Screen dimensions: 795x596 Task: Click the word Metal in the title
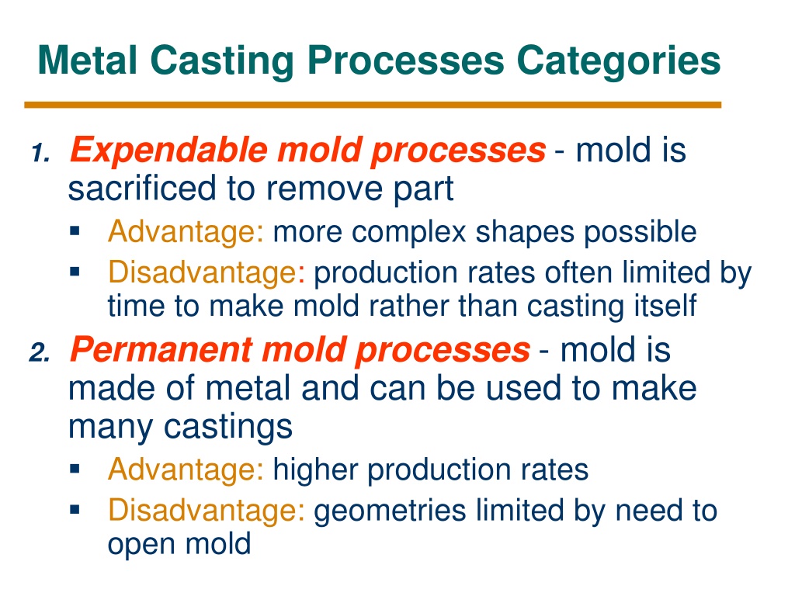click(88, 61)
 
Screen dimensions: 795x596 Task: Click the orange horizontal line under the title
click(373, 105)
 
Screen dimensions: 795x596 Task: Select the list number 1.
click(41, 153)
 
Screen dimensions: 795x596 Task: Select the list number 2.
click(40, 352)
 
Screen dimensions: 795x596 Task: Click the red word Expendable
click(168, 151)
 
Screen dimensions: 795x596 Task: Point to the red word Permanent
click(161, 350)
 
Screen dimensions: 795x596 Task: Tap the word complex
click(408, 233)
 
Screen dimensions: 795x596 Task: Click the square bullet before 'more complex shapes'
click(75, 231)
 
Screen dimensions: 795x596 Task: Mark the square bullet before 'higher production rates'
click(75, 468)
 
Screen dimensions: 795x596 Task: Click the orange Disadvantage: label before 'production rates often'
click(207, 272)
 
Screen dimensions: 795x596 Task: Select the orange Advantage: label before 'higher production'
click(186, 470)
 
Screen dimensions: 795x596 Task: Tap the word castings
click(228, 428)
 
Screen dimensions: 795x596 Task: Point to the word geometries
click(390, 511)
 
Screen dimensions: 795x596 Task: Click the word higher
click(316, 470)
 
